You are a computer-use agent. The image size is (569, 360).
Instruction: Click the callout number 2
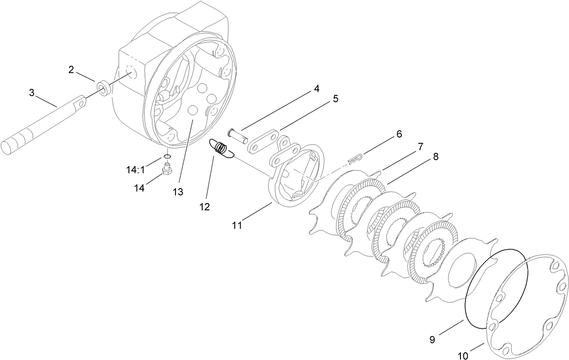[x=71, y=69]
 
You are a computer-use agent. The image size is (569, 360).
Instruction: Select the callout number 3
[x=32, y=92]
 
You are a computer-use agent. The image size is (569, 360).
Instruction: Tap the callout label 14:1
[x=135, y=170]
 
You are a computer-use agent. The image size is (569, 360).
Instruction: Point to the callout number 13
[x=178, y=192]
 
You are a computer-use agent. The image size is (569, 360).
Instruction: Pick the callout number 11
[x=237, y=225]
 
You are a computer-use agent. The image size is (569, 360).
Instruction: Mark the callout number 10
[x=462, y=356]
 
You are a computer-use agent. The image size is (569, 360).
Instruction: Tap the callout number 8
[x=435, y=156]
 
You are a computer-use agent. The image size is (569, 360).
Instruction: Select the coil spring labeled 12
[x=221, y=149]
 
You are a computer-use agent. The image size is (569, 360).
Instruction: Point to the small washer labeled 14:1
[x=167, y=157]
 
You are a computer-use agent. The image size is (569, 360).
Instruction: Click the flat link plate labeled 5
[x=262, y=141]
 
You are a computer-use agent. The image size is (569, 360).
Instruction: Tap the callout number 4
[x=317, y=89]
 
